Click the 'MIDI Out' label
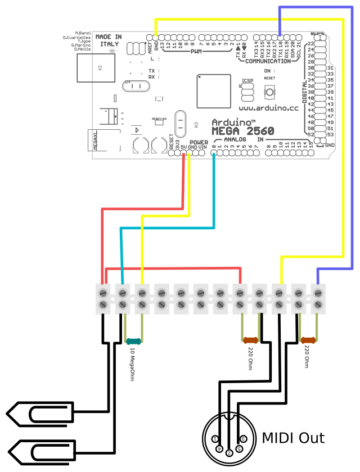click(x=293, y=437)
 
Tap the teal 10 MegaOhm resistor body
click(x=134, y=341)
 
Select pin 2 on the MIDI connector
click(x=229, y=452)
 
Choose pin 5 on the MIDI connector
click(x=238, y=448)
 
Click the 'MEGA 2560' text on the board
click(x=243, y=131)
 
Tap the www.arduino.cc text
click(x=268, y=106)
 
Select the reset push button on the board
click(x=269, y=91)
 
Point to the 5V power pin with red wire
click(x=183, y=153)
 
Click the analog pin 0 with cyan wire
click(x=214, y=153)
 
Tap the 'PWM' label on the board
click(x=196, y=52)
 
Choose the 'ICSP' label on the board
click(x=247, y=81)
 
